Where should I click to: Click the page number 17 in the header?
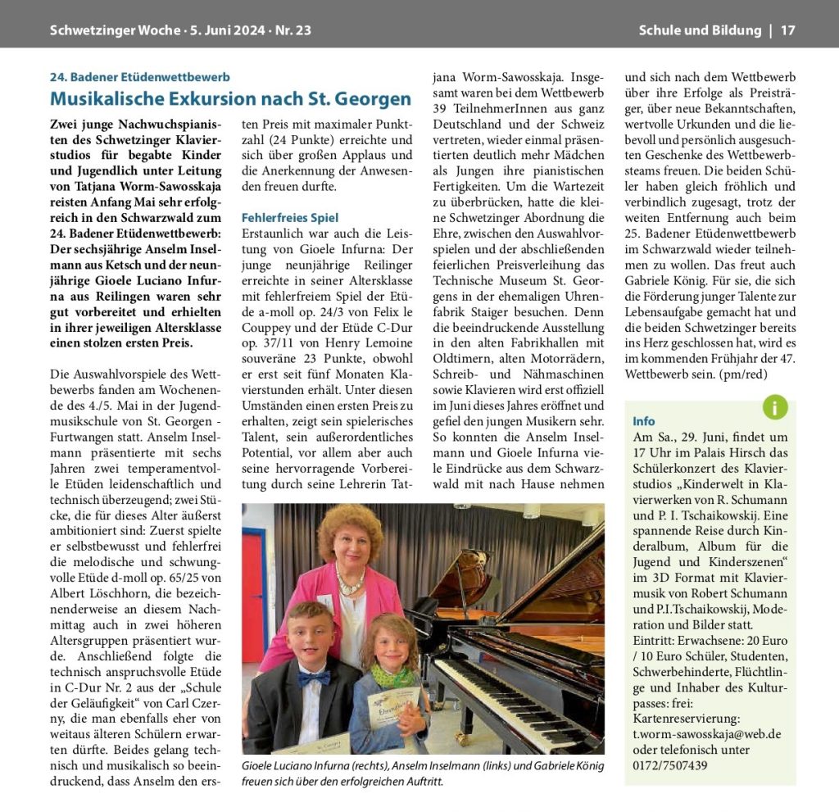tap(787, 31)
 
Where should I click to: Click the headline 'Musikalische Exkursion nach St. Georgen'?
tap(230, 99)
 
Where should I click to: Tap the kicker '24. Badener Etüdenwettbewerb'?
tap(139, 77)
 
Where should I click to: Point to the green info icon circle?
tap(774, 406)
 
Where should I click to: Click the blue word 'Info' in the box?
tap(644, 420)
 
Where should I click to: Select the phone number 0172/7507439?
tap(670, 765)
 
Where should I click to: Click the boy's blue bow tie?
tap(314, 678)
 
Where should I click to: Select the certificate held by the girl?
tap(392, 706)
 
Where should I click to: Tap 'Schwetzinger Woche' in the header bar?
tap(115, 31)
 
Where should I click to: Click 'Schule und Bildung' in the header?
tap(700, 31)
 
